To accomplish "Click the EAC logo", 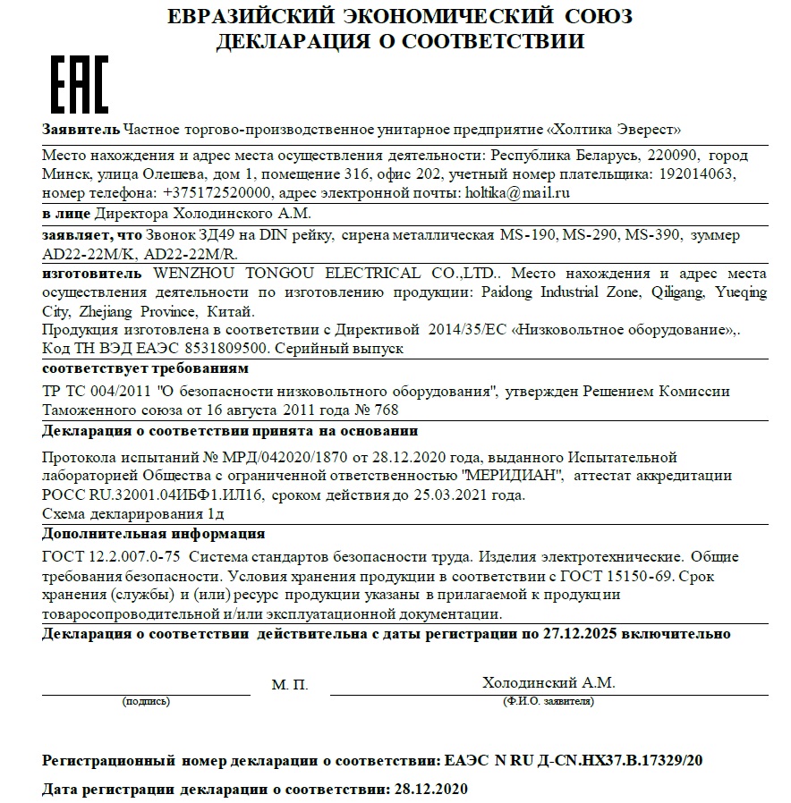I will (78, 84).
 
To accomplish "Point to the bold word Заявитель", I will (81, 129).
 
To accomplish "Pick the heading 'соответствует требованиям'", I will (146, 368).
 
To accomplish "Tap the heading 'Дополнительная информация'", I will (154, 534).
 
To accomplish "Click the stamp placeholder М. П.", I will (289, 684).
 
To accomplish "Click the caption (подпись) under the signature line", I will (146, 702).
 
